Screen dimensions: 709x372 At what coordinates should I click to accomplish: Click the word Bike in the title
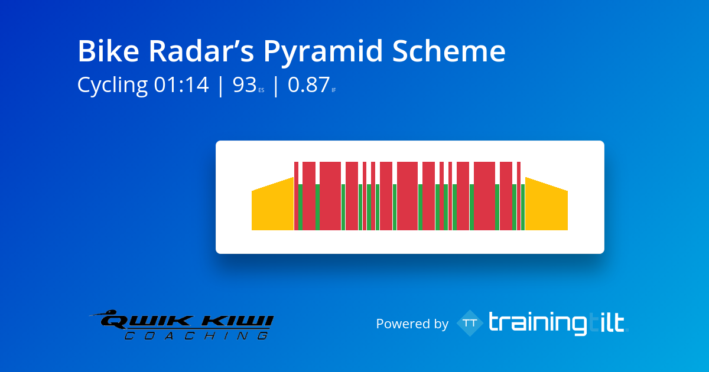pos(109,51)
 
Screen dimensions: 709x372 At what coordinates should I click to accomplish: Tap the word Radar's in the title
pos(201,51)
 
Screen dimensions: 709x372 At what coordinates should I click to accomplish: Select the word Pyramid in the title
pos(323,53)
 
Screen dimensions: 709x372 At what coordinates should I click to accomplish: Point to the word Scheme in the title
pos(449,51)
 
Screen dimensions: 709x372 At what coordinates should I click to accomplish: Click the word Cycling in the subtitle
pos(112,86)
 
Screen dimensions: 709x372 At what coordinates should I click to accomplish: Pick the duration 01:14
pos(181,85)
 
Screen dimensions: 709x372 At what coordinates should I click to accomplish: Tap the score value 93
pos(245,85)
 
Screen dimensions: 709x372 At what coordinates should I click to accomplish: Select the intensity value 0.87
pos(308,85)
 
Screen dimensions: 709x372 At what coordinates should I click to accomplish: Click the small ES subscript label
pos(261,90)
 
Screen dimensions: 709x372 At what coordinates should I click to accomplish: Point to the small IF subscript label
pos(334,90)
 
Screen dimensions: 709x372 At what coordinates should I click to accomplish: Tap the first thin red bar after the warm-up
pos(296,196)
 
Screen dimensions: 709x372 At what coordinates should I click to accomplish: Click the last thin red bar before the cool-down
pos(519,196)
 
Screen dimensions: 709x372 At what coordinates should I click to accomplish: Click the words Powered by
pos(412,324)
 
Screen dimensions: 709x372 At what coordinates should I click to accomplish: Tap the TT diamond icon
pos(470,323)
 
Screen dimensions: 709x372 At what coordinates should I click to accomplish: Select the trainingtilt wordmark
pos(558,323)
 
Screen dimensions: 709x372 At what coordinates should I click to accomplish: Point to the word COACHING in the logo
pos(197,335)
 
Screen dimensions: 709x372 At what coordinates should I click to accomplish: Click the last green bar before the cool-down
pos(523,207)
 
